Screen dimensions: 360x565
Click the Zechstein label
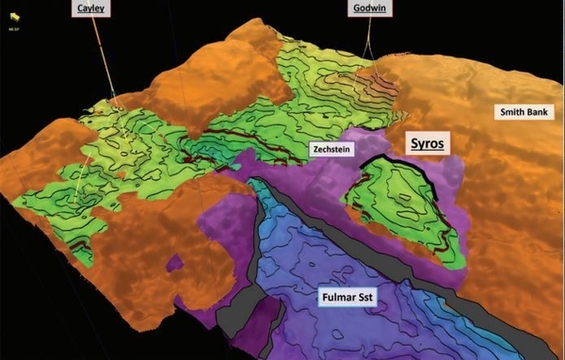(x=331, y=150)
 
